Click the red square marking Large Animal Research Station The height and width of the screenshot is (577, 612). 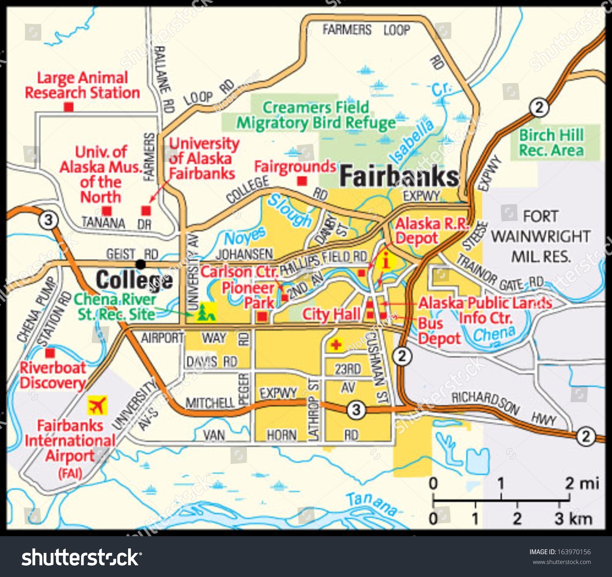click(x=69, y=107)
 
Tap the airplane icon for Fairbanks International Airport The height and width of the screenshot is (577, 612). click(x=97, y=405)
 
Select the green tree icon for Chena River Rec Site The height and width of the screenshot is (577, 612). click(x=206, y=313)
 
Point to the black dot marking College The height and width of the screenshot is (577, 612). click(x=141, y=264)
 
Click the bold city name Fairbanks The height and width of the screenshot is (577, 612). click(x=399, y=176)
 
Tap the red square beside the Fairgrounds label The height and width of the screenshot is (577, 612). click(x=302, y=181)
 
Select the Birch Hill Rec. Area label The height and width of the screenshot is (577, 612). click(x=551, y=143)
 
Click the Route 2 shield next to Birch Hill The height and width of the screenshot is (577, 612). click(x=539, y=107)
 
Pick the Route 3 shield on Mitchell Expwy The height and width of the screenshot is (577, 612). click(x=356, y=409)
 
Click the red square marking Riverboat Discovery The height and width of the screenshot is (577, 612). click(x=50, y=353)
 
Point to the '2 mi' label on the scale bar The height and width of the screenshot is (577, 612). click(x=581, y=484)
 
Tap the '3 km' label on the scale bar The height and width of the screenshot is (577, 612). click(x=573, y=519)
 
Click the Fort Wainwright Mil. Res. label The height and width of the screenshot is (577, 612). click(x=541, y=236)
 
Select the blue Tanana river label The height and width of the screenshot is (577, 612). click(x=371, y=504)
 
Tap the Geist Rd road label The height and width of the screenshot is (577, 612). click(x=132, y=254)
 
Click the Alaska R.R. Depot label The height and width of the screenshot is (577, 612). click(x=432, y=231)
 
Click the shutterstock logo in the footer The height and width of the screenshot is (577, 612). click(x=82, y=557)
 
